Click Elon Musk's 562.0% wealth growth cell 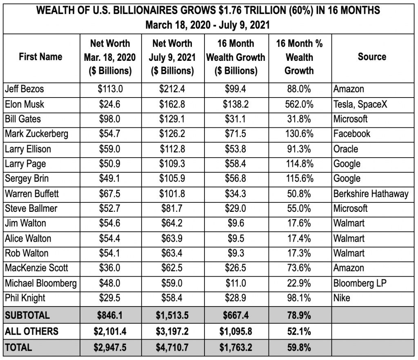pyautogui.click(x=299, y=104)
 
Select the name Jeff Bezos pyautogui.click(x=24, y=89)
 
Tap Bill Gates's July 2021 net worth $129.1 pyautogui.click(x=172, y=119)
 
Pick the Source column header pyautogui.click(x=372, y=57)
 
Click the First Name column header pyautogui.click(x=41, y=57)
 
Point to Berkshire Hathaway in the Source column pyautogui.click(x=371, y=193)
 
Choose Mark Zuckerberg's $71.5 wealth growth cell pyautogui.click(x=236, y=134)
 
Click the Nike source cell pyautogui.click(x=342, y=298)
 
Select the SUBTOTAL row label pyautogui.click(x=27, y=315)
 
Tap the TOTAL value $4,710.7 pyautogui.click(x=172, y=348)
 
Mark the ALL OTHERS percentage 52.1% pyautogui.click(x=299, y=331)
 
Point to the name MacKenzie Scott pyautogui.click(x=37, y=268)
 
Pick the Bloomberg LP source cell pyautogui.click(x=360, y=283)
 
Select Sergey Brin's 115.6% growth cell pyautogui.click(x=299, y=179)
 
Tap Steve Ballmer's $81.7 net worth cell pyautogui.click(x=172, y=208)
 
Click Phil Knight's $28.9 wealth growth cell pyautogui.click(x=236, y=298)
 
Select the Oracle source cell pyautogui.click(x=346, y=149)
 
